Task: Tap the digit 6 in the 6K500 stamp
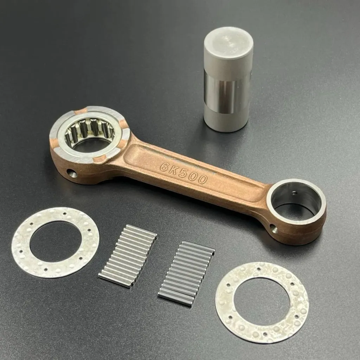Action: (164, 166)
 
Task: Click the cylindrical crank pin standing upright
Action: (228, 79)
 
